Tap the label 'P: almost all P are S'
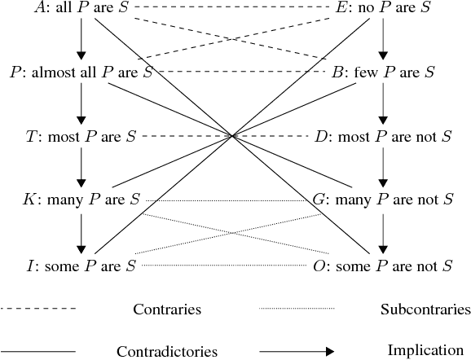click(x=81, y=72)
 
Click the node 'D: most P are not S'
click(x=383, y=136)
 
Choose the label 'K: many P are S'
click(x=82, y=199)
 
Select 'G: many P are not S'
click(x=383, y=199)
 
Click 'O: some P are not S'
click(x=383, y=266)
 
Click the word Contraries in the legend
click(x=166, y=310)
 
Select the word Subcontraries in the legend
click(x=425, y=310)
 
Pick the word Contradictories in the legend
click(x=166, y=352)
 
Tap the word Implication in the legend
click(x=425, y=351)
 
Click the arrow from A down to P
click(x=81, y=40)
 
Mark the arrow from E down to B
click(x=383, y=40)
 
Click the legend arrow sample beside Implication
click(x=297, y=351)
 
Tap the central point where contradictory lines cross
click(x=234, y=136)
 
